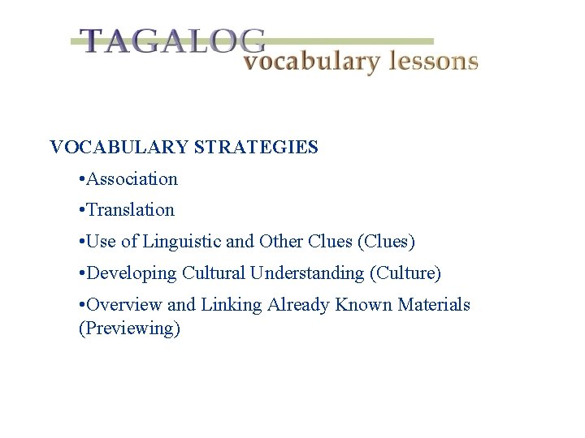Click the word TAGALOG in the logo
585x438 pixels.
tap(172, 41)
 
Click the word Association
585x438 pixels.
tap(132, 178)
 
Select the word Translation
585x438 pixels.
tap(130, 210)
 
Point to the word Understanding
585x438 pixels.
tap(306, 273)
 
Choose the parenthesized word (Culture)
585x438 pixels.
tap(405, 273)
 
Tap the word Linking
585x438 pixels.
tap(230, 305)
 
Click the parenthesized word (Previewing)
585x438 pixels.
tap(129, 328)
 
